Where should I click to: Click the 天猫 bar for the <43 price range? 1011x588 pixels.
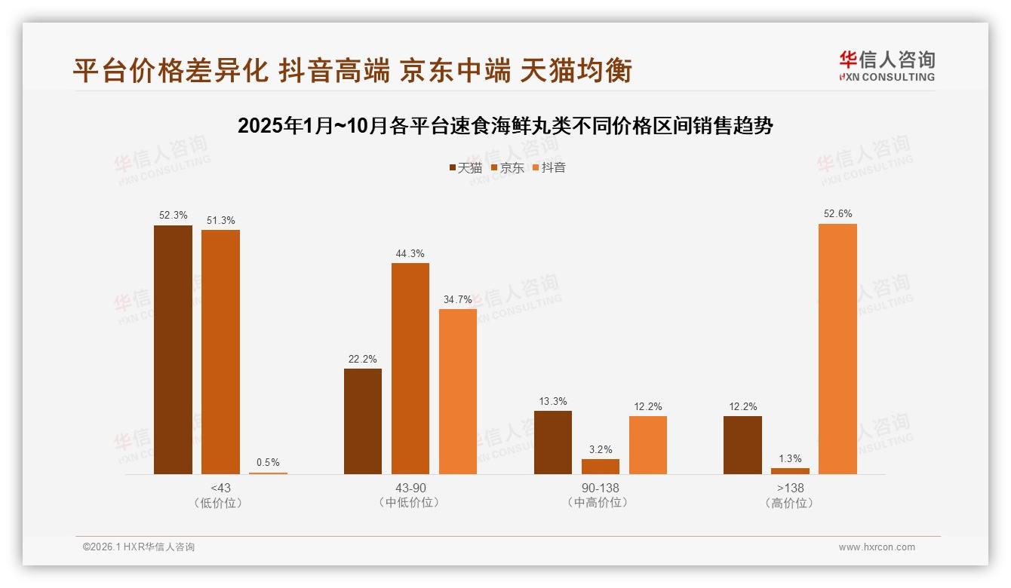click(173, 350)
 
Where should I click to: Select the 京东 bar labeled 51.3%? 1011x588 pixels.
click(220, 352)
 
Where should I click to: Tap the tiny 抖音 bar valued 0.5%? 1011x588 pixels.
click(268, 473)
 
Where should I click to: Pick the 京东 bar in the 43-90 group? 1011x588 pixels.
click(410, 369)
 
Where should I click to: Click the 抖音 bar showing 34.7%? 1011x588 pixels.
click(457, 391)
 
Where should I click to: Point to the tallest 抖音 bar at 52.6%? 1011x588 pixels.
click(837, 349)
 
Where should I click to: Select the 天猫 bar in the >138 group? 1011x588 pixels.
click(742, 445)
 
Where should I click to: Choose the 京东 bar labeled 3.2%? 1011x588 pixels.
click(600, 467)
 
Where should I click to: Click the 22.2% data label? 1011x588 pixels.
click(363, 360)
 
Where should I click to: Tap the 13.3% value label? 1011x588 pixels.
click(552, 402)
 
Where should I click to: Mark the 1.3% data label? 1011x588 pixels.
click(790, 459)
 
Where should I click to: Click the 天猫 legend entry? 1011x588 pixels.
click(466, 167)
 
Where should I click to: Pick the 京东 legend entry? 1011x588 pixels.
click(507, 167)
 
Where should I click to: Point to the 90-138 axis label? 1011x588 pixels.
click(601, 488)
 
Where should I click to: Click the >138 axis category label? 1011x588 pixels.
click(790, 488)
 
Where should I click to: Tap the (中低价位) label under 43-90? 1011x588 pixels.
click(410, 503)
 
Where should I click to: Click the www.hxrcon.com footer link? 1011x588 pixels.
click(877, 547)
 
